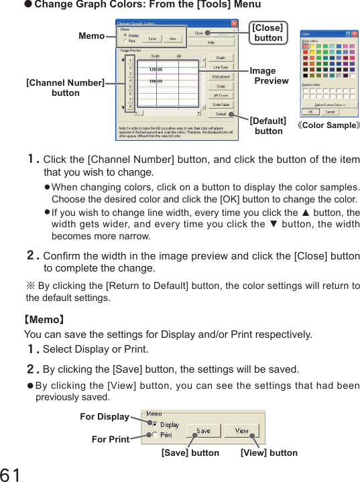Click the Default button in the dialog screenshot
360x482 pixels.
click(x=221, y=114)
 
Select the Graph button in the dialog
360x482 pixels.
click(x=221, y=58)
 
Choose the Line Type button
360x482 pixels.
click(x=221, y=67)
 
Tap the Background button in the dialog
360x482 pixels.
click(x=221, y=76)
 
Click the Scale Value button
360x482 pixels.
click(x=221, y=105)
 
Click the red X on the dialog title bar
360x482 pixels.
click(x=234, y=23)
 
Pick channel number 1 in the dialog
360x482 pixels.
click(x=129, y=61)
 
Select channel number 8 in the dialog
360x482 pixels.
click(x=129, y=106)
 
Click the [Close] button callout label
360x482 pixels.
click(x=267, y=33)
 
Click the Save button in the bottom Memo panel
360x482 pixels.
click(x=203, y=431)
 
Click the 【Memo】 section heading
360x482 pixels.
click(x=44, y=320)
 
